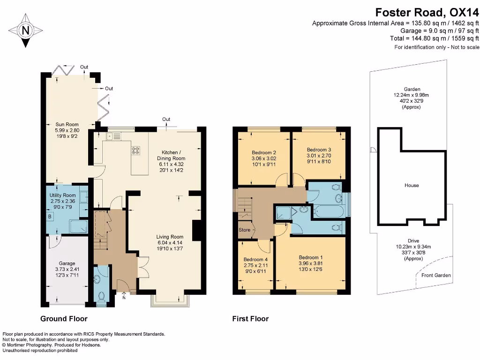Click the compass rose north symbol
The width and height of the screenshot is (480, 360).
click(25, 30)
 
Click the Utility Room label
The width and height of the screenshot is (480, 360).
click(62, 195)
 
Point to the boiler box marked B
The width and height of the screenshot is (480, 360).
click(50, 216)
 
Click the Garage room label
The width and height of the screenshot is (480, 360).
click(67, 263)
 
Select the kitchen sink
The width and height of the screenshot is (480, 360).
click(112, 136)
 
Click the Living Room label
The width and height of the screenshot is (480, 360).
click(170, 237)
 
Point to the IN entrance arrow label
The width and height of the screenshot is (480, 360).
click(124, 297)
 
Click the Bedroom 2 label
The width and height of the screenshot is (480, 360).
click(263, 153)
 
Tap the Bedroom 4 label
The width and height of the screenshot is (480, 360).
click(256, 259)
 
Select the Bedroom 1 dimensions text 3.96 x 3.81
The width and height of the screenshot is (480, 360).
click(311, 263)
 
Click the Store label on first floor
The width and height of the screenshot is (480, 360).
click(245, 230)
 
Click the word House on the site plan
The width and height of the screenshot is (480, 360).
click(412, 185)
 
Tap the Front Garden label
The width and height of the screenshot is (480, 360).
click(436, 275)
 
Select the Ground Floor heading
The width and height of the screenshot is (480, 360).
click(64, 319)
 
